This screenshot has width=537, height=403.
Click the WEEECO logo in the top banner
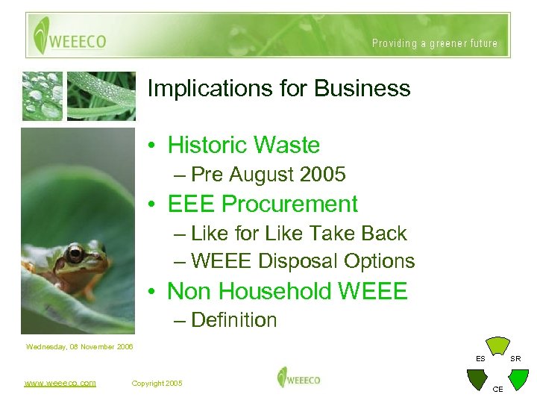(69, 35)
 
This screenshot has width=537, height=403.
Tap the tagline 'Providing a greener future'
(435, 43)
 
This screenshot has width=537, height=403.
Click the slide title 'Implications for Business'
(279, 89)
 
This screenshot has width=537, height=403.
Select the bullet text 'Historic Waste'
(243, 145)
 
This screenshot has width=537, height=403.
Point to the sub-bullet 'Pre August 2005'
(268, 175)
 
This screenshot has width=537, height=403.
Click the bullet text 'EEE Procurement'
(263, 204)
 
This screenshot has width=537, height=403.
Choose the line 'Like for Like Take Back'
(298, 234)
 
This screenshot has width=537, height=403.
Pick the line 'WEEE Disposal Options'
(302, 261)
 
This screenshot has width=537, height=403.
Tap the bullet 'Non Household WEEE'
(287, 291)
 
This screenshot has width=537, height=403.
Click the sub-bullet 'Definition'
(233, 320)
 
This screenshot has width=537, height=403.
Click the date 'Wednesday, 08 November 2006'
(79, 346)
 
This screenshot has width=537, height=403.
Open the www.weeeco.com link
(60, 383)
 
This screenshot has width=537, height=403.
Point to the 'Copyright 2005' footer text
(157, 383)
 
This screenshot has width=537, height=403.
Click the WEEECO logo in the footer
(298, 378)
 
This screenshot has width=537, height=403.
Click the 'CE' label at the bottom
(497, 390)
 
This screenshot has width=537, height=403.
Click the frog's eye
(75, 253)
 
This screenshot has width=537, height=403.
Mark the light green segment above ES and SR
(497, 345)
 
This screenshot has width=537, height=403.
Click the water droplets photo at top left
(43, 96)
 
